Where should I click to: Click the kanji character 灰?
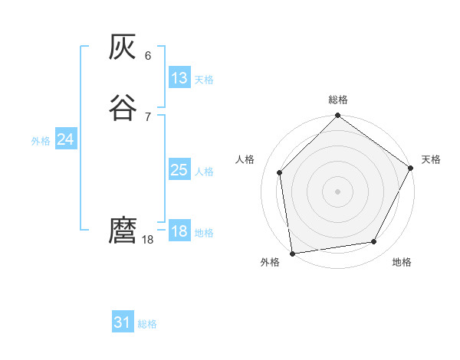(123, 49)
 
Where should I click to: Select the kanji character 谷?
(123, 107)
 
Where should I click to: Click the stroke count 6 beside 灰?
(147, 56)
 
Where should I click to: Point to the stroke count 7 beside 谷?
(147, 116)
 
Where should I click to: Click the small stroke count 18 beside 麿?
(149, 240)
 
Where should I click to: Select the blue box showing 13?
(179, 78)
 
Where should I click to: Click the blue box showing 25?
(179, 170)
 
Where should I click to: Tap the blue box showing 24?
(66, 139)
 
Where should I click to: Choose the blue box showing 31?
(123, 322)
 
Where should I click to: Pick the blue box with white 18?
(179, 231)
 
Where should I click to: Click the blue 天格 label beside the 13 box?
(204, 80)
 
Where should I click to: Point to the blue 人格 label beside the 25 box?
(204, 172)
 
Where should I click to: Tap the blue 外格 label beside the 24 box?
(41, 141)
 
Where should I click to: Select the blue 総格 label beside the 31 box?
(147, 324)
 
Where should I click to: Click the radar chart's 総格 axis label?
(338, 100)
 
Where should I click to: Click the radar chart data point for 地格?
(374, 241)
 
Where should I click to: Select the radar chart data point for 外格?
(292, 253)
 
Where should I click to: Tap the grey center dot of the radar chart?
(337, 191)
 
